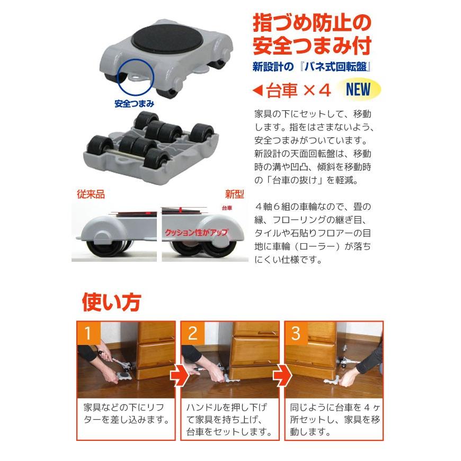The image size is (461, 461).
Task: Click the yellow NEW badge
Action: click(359, 90)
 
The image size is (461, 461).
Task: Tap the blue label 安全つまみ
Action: click(134, 103)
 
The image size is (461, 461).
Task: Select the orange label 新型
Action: click(234, 194)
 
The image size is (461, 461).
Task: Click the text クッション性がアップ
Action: click(195, 232)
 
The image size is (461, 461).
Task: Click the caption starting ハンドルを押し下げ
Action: click(229, 420)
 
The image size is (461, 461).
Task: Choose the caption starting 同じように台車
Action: click(333, 420)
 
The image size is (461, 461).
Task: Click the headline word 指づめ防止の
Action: click(311, 23)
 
